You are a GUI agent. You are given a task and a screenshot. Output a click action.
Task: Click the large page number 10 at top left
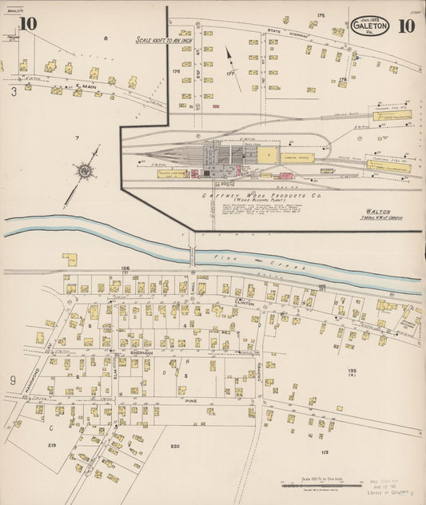point(28,23)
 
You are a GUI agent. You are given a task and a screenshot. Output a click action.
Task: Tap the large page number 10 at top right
point(405,24)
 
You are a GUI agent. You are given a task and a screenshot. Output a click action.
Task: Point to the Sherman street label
point(141,352)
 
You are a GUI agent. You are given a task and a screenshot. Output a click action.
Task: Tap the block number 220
point(176,445)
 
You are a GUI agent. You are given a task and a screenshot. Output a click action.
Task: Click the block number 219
point(52,445)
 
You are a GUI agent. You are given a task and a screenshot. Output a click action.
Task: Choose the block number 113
point(324,452)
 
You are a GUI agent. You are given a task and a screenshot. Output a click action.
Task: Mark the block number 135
point(352,372)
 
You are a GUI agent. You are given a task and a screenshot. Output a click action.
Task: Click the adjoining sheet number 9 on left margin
point(13,380)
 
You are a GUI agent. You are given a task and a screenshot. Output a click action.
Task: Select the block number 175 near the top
point(320,15)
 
